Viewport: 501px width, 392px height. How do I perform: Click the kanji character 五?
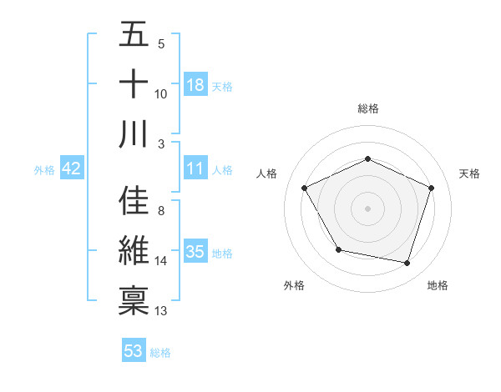[x=134, y=35]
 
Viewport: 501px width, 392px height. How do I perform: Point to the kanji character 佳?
[x=134, y=201]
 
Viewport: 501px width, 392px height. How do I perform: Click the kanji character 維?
[x=134, y=250]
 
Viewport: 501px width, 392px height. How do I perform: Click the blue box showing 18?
[x=195, y=85]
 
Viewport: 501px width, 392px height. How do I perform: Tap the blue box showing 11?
[x=195, y=169]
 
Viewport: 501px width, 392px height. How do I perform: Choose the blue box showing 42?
[x=71, y=169]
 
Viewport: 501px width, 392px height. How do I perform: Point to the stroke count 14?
[x=161, y=261]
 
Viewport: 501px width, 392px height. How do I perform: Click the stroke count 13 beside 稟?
[x=161, y=311]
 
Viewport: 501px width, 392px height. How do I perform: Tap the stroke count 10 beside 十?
[x=161, y=94]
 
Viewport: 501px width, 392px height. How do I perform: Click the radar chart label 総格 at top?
[x=367, y=108]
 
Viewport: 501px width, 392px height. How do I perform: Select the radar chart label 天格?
[x=470, y=173]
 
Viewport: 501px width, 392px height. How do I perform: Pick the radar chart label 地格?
[x=438, y=285]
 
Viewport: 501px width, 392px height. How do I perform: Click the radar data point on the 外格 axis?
[x=338, y=249]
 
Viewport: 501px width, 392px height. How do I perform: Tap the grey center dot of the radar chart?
[x=367, y=209]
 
